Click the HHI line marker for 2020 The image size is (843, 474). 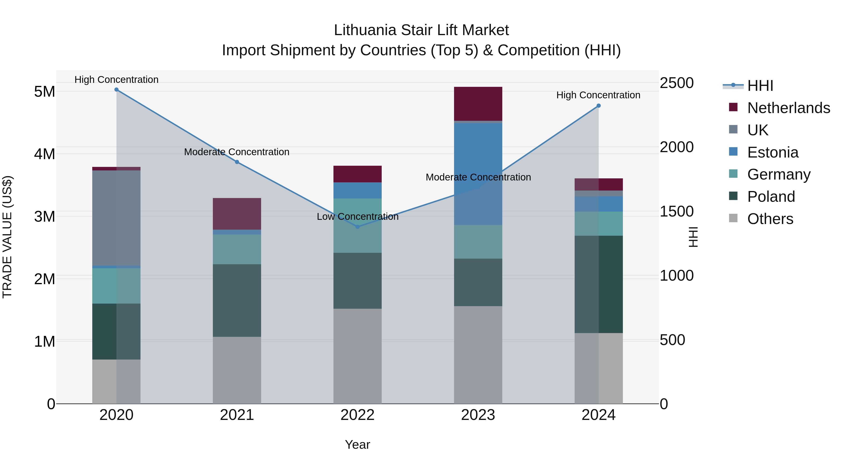[x=117, y=90]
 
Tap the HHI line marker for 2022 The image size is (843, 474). [x=357, y=227]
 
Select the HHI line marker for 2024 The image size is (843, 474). [x=599, y=106]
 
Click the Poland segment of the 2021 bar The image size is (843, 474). [x=237, y=300]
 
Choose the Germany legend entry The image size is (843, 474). [x=779, y=174]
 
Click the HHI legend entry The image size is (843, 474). [x=760, y=86]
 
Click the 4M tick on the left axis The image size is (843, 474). [x=44, y=154]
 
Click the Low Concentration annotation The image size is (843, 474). [x=357, y=217]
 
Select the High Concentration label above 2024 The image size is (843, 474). [x=598, y=95]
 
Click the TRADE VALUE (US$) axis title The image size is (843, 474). [x=7, y=237]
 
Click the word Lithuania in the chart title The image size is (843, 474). [x=365, y=30]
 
